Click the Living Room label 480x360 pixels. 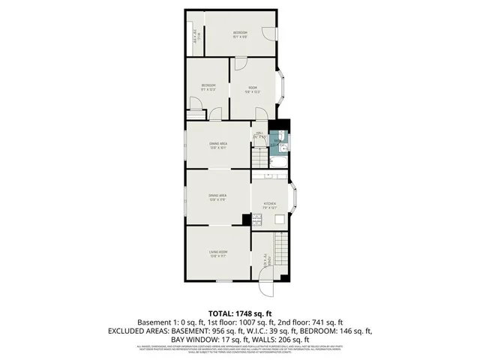218,253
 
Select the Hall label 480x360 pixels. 259,136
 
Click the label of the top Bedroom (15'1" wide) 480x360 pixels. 239,34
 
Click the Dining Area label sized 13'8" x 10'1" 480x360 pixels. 218,145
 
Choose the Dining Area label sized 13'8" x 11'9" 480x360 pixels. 218,197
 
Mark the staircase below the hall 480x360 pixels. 259,158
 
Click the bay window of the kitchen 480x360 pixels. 295,202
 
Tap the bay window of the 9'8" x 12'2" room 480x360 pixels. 283,88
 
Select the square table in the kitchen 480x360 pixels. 279,218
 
